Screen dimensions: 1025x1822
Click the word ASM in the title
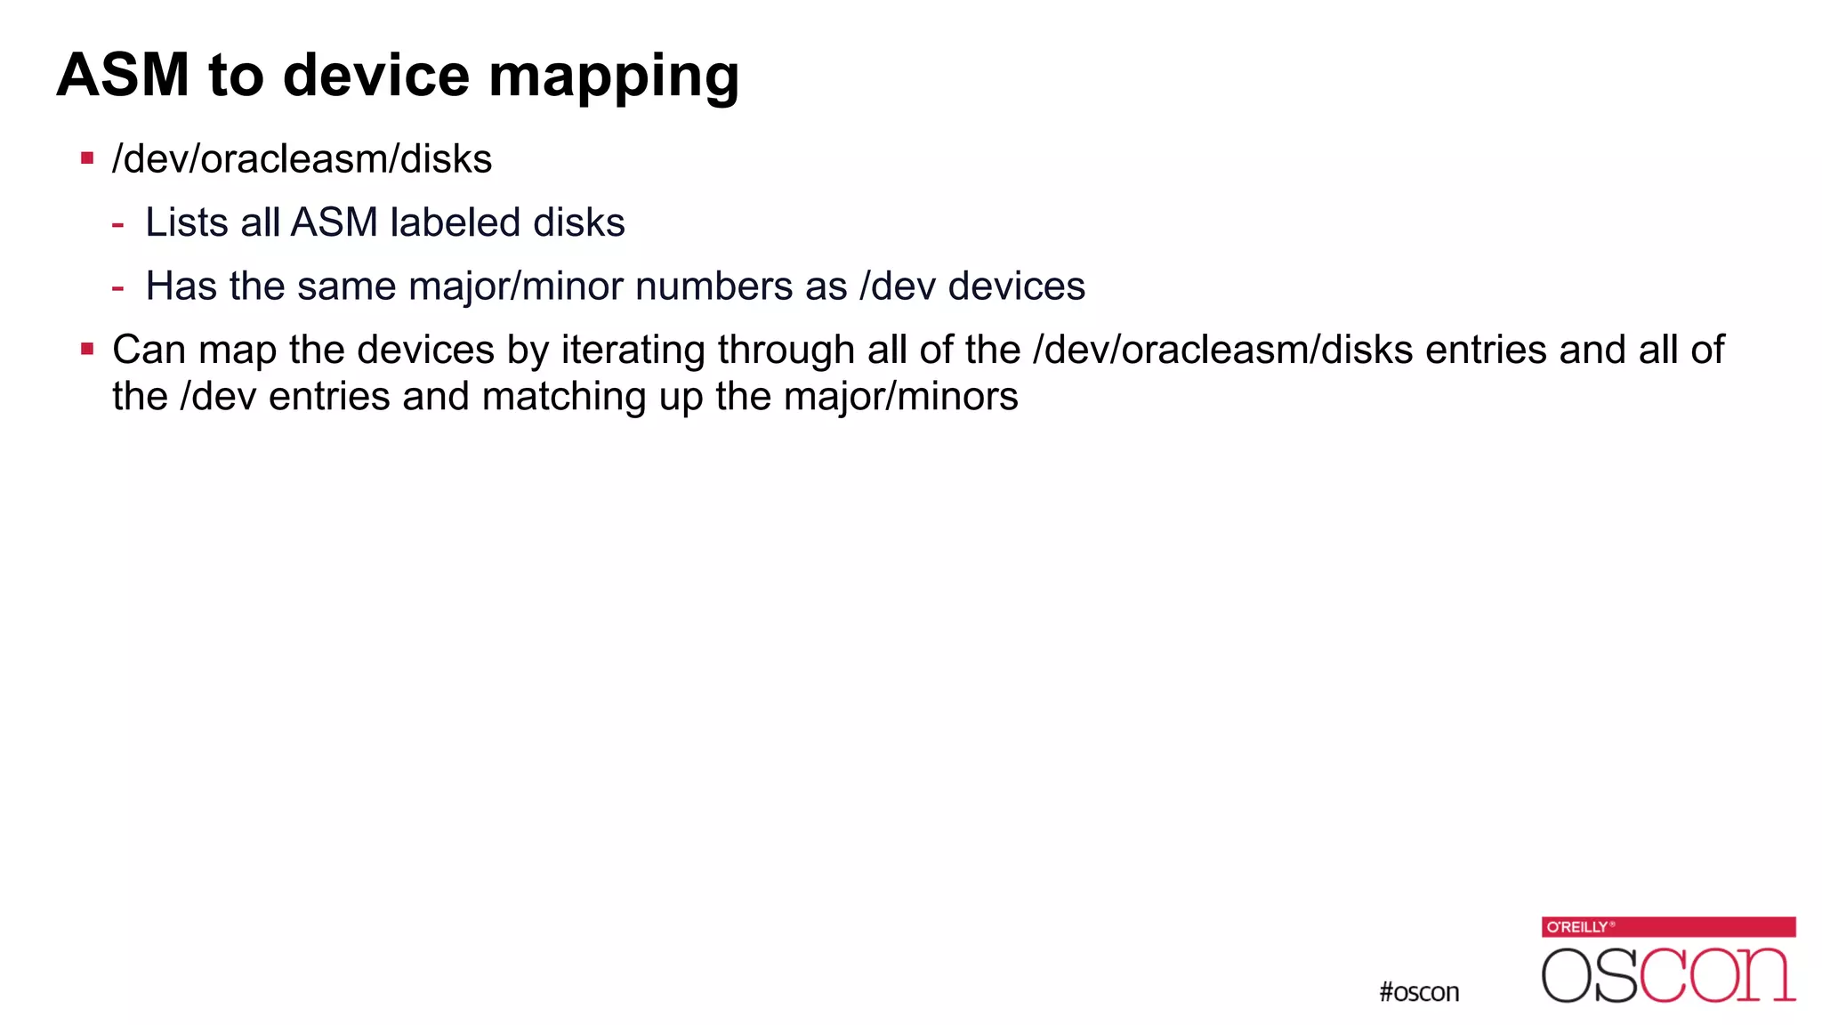pyautogui.click(x=123, y=75)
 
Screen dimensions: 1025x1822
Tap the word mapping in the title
pyautogui.click(x=614, y=77)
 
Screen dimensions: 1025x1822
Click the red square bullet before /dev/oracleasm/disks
pyautogui.click(x=87, y=159)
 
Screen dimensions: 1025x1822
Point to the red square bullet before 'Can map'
pyautogui.click(x=87, y=349)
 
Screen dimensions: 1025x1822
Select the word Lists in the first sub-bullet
pyautogui.click(x=187, y=222)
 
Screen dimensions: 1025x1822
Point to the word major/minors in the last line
pyautogui.click(x=900, y=397)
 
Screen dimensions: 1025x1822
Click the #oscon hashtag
pyautogui.click(x=1419, y=992)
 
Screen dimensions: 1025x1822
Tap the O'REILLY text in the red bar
pyautogui.click(x=1577, y=927)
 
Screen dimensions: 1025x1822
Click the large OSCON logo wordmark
pyautogui.click(x=1668, y=975)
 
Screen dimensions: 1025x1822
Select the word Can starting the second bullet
pyautogui.click(x=149, y=350)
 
